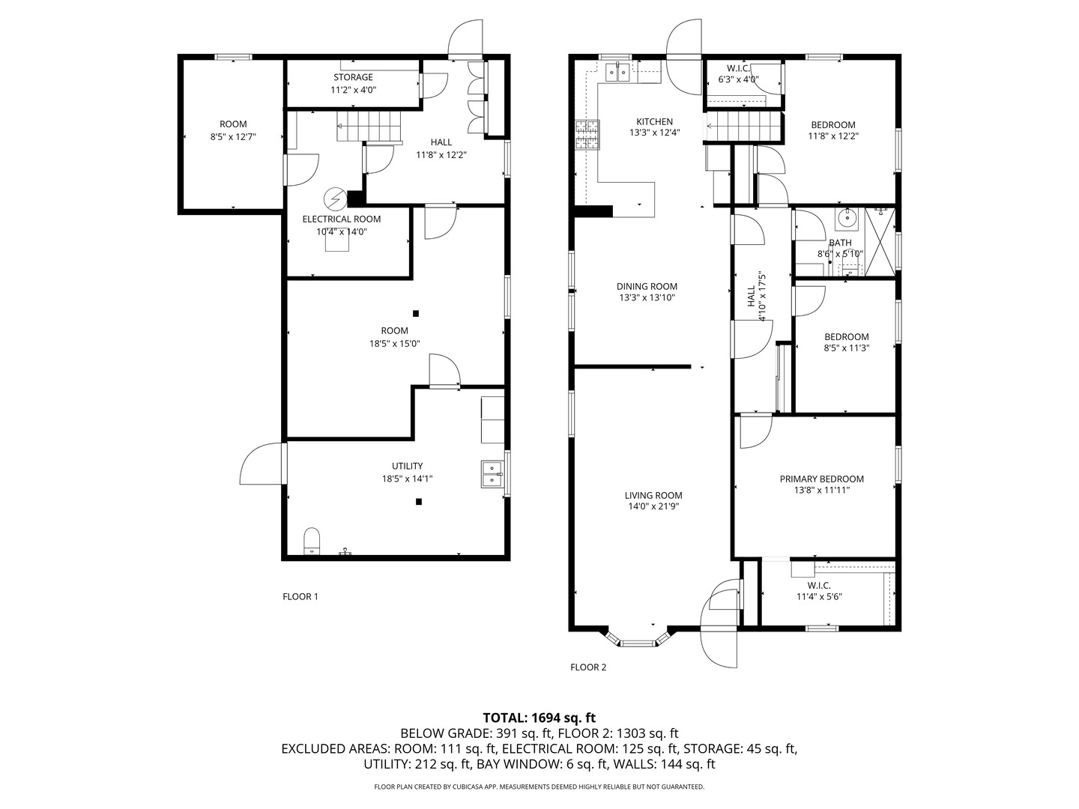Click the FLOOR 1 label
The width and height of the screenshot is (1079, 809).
(x=300, y=596)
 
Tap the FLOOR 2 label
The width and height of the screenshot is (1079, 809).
(x=588, y=667)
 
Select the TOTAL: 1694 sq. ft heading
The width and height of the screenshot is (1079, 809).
(x=539, y=718)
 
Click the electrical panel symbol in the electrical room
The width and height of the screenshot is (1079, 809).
(x=335, y=199)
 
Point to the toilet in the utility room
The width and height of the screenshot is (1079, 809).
(x=312, y=542)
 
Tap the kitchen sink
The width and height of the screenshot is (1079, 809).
(x=617, y=73)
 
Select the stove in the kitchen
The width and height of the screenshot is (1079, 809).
(x=588, y=135)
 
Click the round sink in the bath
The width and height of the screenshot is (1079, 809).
(x=847, y=219)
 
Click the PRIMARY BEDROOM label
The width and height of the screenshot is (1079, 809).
(x=821, y=479)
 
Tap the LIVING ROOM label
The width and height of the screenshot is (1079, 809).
(x=653, y=495)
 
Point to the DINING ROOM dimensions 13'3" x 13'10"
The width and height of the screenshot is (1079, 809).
(x=647, y=297)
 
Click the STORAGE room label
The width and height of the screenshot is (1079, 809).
(x=353, y=77)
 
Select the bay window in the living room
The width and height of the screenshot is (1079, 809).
(x=638, y=637)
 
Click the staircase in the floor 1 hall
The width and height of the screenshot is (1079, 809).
(x=369, y=126)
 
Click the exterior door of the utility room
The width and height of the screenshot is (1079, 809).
(x=264, y=464)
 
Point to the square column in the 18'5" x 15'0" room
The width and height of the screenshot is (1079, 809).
(x=416, y=313)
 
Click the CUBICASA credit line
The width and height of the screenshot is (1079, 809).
(x=539, y=787)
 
